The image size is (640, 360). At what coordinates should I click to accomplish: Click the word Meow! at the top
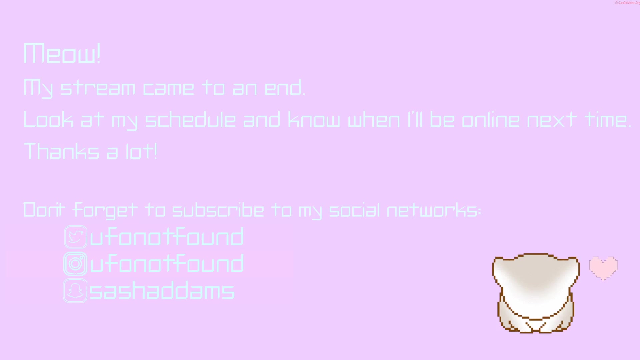(62, 53)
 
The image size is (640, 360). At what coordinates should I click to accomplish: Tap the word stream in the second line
(98, 88)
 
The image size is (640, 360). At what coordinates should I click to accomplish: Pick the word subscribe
(218, 210)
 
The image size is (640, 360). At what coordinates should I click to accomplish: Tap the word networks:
(434, 210)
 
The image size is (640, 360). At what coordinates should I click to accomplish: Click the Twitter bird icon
(76, 237)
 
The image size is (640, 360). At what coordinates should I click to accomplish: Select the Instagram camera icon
(75, 264)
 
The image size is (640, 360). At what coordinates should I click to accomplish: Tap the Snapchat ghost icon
(75, 291)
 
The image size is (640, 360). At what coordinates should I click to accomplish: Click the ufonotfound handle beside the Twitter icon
(167, 237)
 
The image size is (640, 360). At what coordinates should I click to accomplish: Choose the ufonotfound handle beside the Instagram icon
(167, 263)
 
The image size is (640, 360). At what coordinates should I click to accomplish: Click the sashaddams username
(162, 290)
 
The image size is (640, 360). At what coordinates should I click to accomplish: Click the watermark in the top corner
(627, 3)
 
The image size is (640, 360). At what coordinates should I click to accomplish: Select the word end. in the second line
(285, 88)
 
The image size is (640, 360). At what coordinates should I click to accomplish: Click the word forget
(105, 210)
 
